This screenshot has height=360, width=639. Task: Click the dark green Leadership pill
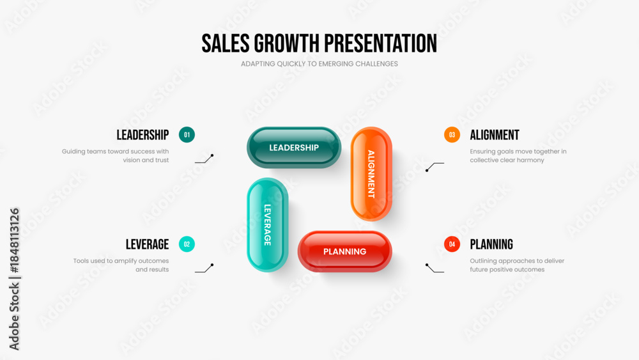coord(294,147)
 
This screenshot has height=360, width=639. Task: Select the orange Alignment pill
coord(371,174)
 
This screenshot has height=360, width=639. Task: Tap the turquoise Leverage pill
coord(267,224)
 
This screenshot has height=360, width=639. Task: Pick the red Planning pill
coord(345,251)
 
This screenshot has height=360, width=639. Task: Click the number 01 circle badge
coord(187,135)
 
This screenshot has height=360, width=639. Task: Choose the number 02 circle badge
coord(187,244)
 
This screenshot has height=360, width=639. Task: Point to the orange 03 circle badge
coord(452,135)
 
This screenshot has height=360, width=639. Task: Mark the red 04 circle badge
coord(452,244)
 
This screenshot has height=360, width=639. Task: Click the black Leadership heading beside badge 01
coord(142,135)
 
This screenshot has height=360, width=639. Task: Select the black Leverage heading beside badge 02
coord(147,244)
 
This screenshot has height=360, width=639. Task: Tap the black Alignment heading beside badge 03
coord(495,135)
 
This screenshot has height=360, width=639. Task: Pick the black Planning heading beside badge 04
coord(491,244)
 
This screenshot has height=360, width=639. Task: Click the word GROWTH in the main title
coord(286,43)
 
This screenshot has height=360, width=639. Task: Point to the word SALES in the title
coord(226,43)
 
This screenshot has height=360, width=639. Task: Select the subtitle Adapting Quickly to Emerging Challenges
coord(319,64)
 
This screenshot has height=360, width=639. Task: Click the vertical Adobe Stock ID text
coord(14,279)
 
